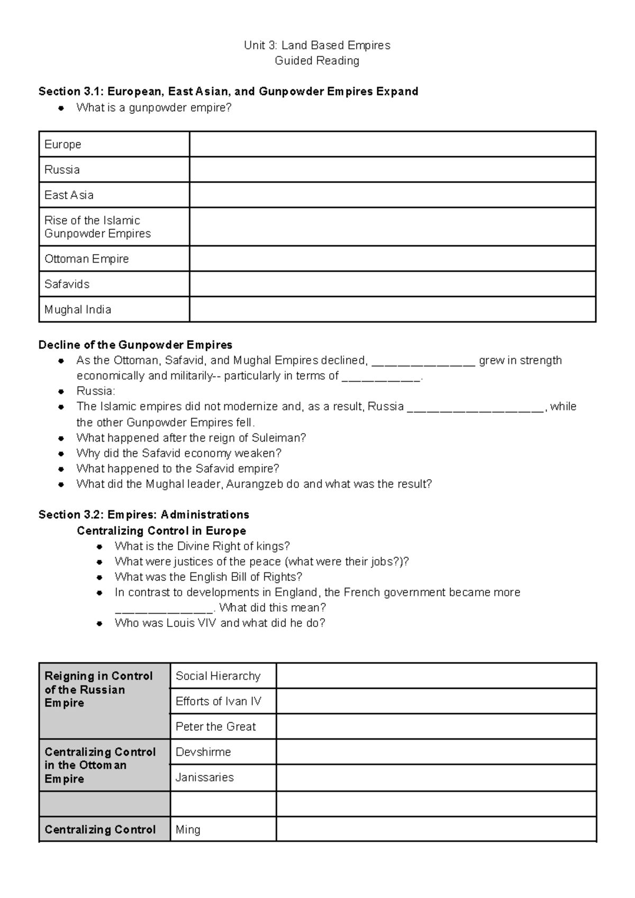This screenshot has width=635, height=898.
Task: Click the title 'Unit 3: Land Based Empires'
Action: (317, 46)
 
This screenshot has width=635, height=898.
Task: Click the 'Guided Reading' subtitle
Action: (317, 61)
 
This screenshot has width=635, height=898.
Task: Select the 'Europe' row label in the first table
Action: (62, 145)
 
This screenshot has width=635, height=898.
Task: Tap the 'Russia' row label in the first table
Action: (62, 170)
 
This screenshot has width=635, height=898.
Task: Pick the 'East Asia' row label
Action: (69, 195)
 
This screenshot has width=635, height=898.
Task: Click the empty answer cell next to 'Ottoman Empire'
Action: (392, 259)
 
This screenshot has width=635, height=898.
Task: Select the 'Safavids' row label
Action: (67, 284)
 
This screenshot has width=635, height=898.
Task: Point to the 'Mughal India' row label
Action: (77, 310)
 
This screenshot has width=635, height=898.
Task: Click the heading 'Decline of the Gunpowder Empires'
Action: (135, 345)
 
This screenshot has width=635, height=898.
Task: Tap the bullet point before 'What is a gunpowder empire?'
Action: (61, 108)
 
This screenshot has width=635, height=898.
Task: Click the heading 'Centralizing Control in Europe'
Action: (161, 531)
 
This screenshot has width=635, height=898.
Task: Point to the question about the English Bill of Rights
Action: (208, 577)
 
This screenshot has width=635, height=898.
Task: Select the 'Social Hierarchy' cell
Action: (218, 676)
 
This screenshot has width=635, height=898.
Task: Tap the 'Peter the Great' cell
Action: (215, 727)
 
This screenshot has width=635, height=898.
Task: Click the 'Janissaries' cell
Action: (204, 777)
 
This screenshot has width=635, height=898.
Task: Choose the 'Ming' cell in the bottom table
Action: (188, 830)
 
